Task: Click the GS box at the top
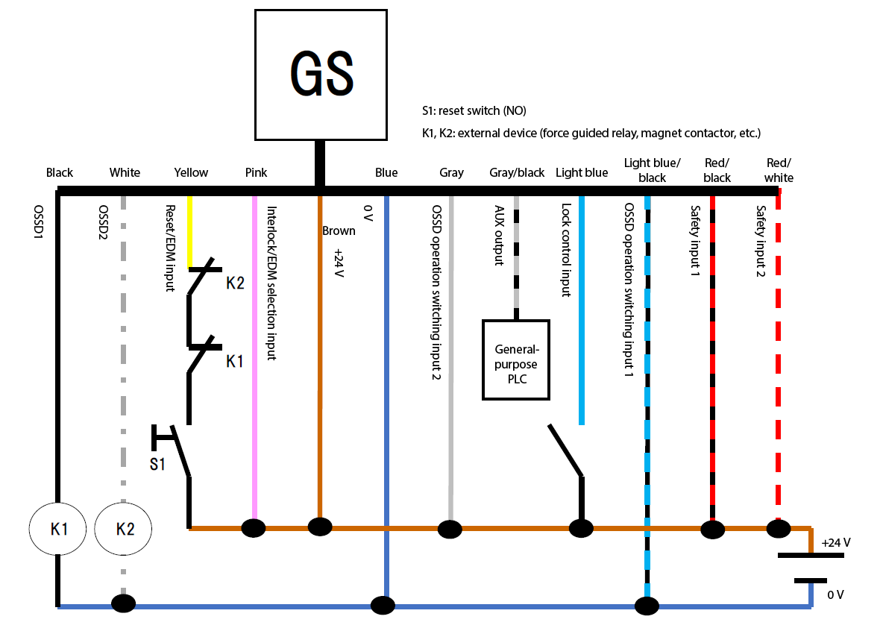coord(321,75)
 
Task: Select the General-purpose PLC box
coord(516,360)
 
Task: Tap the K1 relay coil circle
coord(57,529)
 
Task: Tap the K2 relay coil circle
coord(123,529)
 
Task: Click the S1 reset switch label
coord(157,464)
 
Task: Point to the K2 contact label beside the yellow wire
coord(236,283)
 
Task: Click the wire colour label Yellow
coord(191,172)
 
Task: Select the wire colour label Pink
coord(257,172)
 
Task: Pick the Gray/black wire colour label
coord(517,172)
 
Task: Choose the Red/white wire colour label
coord(779,170)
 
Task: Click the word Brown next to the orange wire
coord(339,231)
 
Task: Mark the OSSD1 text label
coord(38,222)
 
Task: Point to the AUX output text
coord(499,236)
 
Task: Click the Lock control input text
coord(566,250)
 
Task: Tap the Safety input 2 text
coord(761,241)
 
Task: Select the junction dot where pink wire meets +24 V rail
coord(254,528)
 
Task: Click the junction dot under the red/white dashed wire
coord(779,529)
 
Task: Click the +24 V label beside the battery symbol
coord(836,543)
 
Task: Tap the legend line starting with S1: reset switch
coord(474,111)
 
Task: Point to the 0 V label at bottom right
coord(836,594)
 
